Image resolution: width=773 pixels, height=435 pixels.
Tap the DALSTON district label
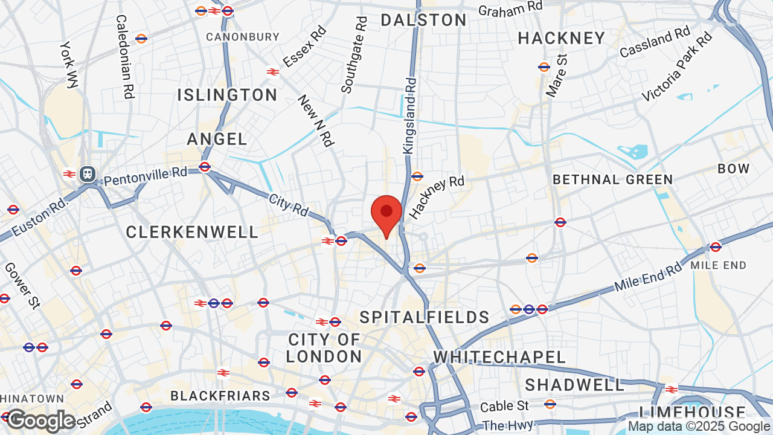pos(423,20)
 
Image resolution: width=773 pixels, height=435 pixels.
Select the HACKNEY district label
pos(561,38)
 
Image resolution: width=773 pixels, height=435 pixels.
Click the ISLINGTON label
pos(227,95)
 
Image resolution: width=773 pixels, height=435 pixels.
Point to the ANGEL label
pos(217,139)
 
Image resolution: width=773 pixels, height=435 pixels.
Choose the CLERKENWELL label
pos(192,232)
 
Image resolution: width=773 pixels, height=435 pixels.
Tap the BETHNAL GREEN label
pos(612,179)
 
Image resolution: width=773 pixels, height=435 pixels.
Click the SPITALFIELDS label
pos(425,317)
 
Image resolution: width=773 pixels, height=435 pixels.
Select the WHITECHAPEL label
pos(499,357)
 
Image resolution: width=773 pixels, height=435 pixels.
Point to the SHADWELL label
pos(574,385)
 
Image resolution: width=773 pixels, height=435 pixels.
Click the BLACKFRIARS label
pos(220,396)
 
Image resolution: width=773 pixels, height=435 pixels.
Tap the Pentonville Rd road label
pos(146,176)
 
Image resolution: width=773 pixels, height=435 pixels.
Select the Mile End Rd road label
pos(648,277)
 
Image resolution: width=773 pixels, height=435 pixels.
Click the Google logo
pos(40,420)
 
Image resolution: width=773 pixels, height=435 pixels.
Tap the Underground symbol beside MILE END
pos(716,246)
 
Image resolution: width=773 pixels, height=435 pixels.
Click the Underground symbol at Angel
pos(205,167)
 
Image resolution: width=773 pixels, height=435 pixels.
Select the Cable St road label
pos(505,405)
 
